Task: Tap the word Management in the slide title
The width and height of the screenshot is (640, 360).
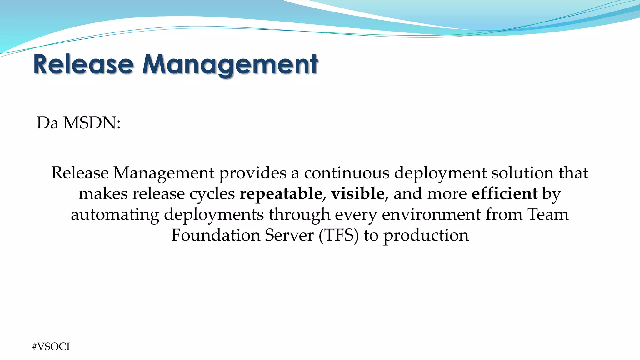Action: coord(230,64)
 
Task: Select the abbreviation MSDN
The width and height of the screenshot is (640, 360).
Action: coord(92,123)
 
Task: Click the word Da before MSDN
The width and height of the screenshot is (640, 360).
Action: coord(48,123)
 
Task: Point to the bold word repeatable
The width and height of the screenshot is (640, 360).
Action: coord(281,194)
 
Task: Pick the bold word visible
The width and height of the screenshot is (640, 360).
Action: coord(358,194)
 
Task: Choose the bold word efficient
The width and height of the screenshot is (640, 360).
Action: coord(505,194)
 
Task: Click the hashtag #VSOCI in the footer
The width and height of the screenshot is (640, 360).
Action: coord(51,347)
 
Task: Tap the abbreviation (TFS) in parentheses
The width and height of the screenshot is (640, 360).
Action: coord(339,235)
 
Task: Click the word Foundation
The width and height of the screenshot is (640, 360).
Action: coord(216,235)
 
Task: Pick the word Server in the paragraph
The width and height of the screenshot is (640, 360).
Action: coord(289,235)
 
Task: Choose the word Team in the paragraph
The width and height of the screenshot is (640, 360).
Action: coord(548,215)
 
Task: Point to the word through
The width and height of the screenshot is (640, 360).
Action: coord(299,215)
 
